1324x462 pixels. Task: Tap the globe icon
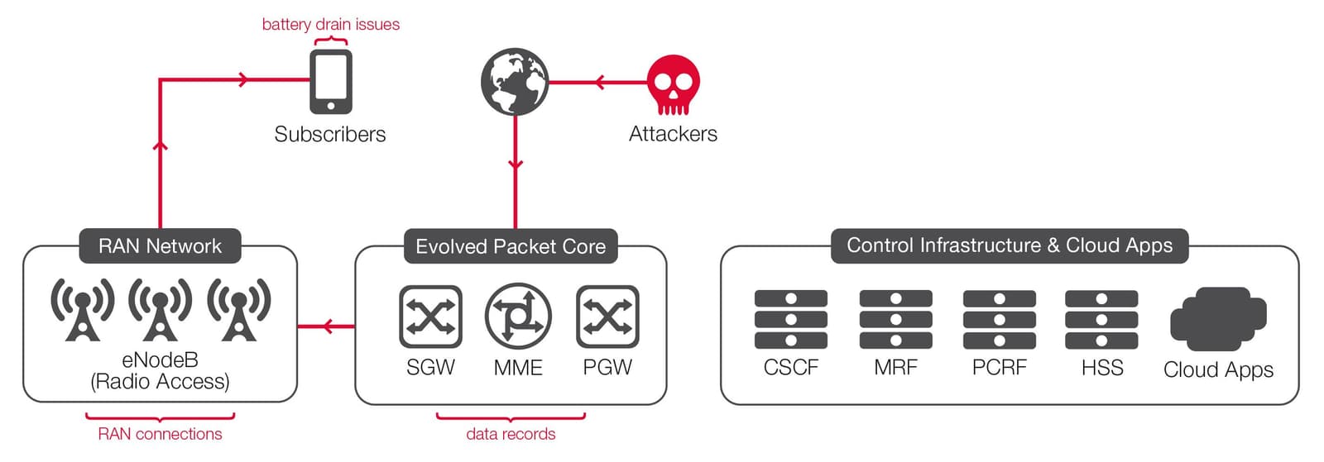515,82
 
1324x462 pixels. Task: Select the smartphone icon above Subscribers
331,82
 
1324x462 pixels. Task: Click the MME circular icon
518,317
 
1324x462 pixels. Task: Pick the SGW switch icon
430,317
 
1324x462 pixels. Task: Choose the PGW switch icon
607,317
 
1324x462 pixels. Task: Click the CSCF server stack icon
791,319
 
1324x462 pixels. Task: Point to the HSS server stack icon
1101,319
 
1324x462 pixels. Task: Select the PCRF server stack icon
1000,319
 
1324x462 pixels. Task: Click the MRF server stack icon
895,319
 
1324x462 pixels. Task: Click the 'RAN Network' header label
160,246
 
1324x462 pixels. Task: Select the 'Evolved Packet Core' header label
511,246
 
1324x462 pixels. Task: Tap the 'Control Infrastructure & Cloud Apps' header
1010,245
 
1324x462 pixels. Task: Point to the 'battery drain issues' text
331,25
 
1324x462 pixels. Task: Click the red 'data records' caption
511,434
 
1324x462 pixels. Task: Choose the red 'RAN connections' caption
160,434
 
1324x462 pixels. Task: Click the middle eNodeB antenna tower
160,309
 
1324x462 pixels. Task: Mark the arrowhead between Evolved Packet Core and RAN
328,326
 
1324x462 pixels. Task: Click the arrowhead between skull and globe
599,83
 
